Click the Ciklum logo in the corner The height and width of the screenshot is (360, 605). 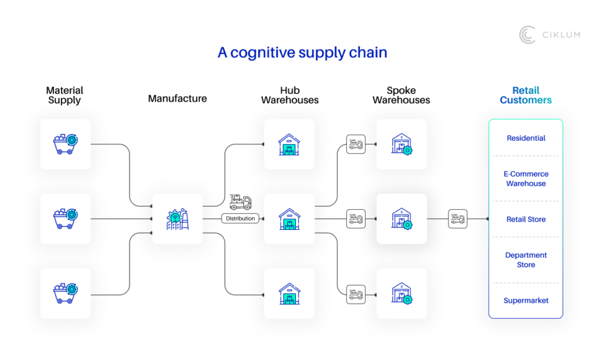click(x=549, y=35)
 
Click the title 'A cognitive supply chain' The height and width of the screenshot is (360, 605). click(x=302, y=53)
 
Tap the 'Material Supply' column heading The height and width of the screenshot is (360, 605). click(x=65, y=95)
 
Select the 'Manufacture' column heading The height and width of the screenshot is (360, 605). click(x=177, y=99)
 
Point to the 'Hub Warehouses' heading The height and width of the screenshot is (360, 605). click(x=290, y=95)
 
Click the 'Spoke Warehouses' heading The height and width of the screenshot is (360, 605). click(x=401, y=95)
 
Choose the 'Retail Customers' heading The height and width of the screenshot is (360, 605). click(x=525, y=95)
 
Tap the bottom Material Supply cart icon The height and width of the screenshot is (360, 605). click(x=66, y=293)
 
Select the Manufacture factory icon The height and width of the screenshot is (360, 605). click(x=177, y=219)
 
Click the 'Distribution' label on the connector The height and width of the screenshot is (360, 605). click(x=240, y=219)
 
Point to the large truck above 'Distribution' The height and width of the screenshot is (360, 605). click(x=240, y=202)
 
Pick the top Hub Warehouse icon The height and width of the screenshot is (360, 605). click(x=289, y=144)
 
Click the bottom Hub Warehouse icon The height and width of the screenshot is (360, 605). click(x=289, y=293)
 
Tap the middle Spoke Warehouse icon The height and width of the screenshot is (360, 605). click(x=401, y=219)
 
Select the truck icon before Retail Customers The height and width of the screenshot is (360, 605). click(x=457, y=219)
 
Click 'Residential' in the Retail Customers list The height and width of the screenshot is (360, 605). click(x=526, y=138)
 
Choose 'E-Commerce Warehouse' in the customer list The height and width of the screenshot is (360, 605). click(x=526, y=179)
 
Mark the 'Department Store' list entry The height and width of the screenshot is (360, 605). click(x=526, y=260)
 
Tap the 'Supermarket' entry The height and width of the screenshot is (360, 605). click(x=526, y=301)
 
